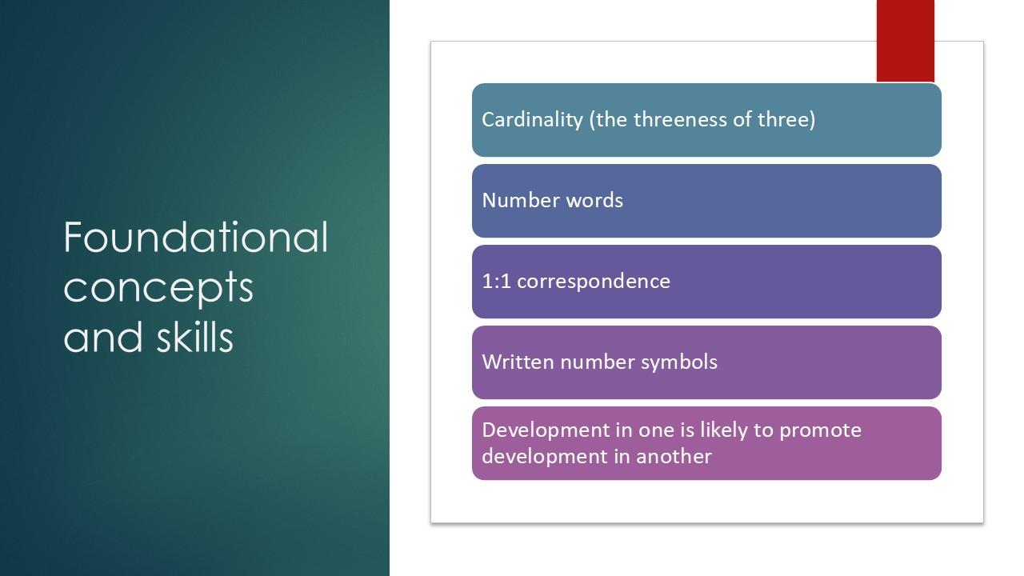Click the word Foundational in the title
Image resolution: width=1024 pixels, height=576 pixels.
[x=196, y=237]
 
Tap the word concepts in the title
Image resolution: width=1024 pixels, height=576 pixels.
[x=158, y=288]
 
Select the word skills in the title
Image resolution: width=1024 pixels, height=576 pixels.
[x=194, y=336]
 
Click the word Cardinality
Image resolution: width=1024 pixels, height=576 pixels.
[x=532, y=120]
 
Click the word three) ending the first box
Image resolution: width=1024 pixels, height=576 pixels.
[x=786, y=120]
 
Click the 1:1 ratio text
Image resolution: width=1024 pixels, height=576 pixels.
[x=497, y=281]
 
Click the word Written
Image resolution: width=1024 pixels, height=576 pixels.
[x=518, y=362]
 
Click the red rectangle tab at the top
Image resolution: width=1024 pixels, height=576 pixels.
[x=905, y=41]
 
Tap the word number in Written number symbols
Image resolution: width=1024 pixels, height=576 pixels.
[x=597, y=362]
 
